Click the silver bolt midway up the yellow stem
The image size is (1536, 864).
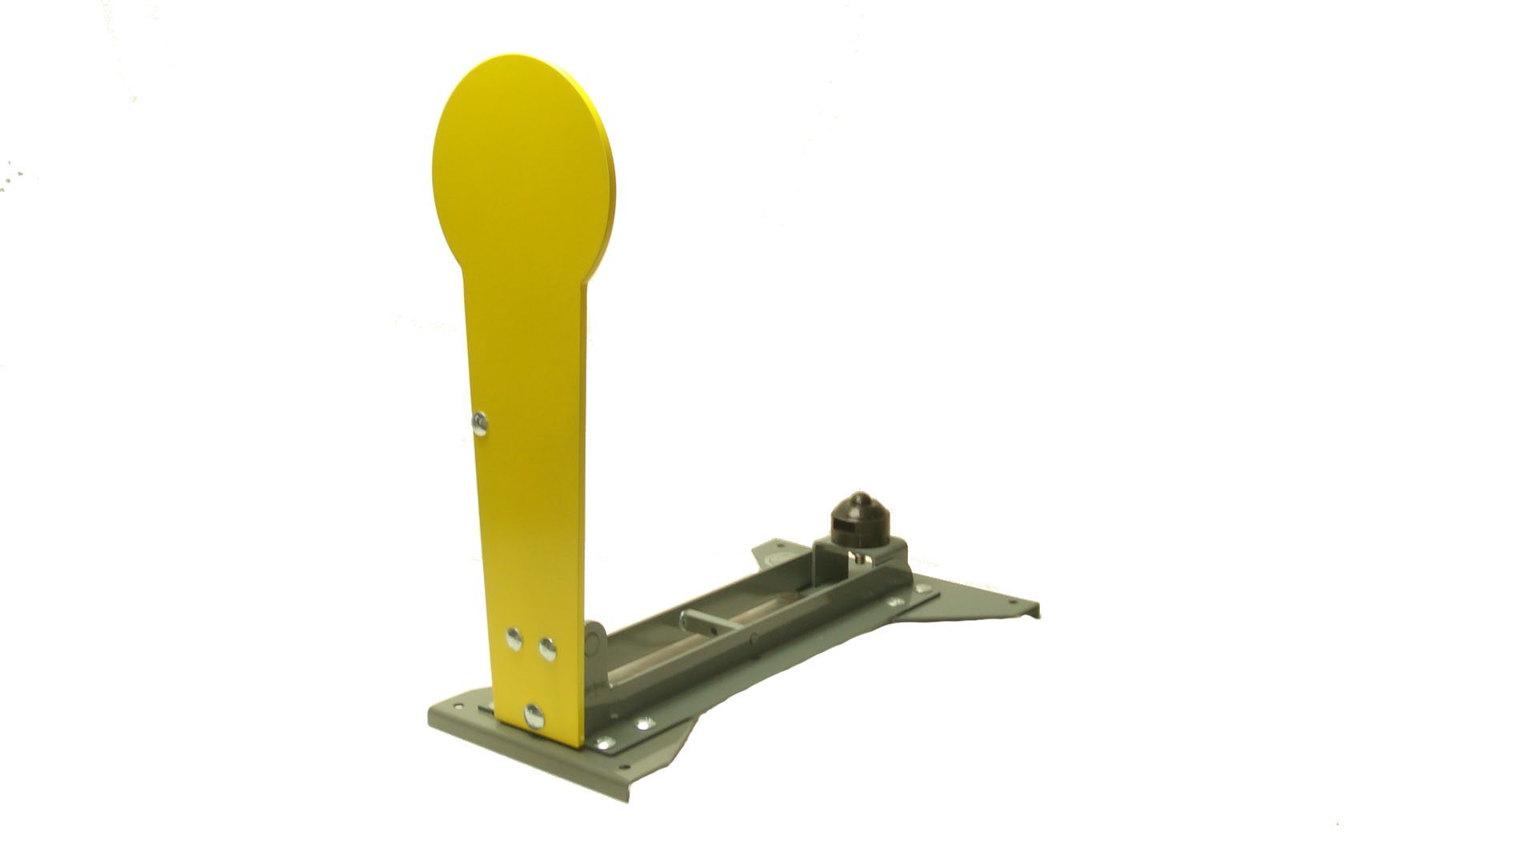pos(479,421)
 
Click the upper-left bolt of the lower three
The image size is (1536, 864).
pos(513,638)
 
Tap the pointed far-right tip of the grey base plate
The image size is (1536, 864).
pos(1037,611)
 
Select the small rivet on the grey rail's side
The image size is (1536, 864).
pos(755,640)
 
